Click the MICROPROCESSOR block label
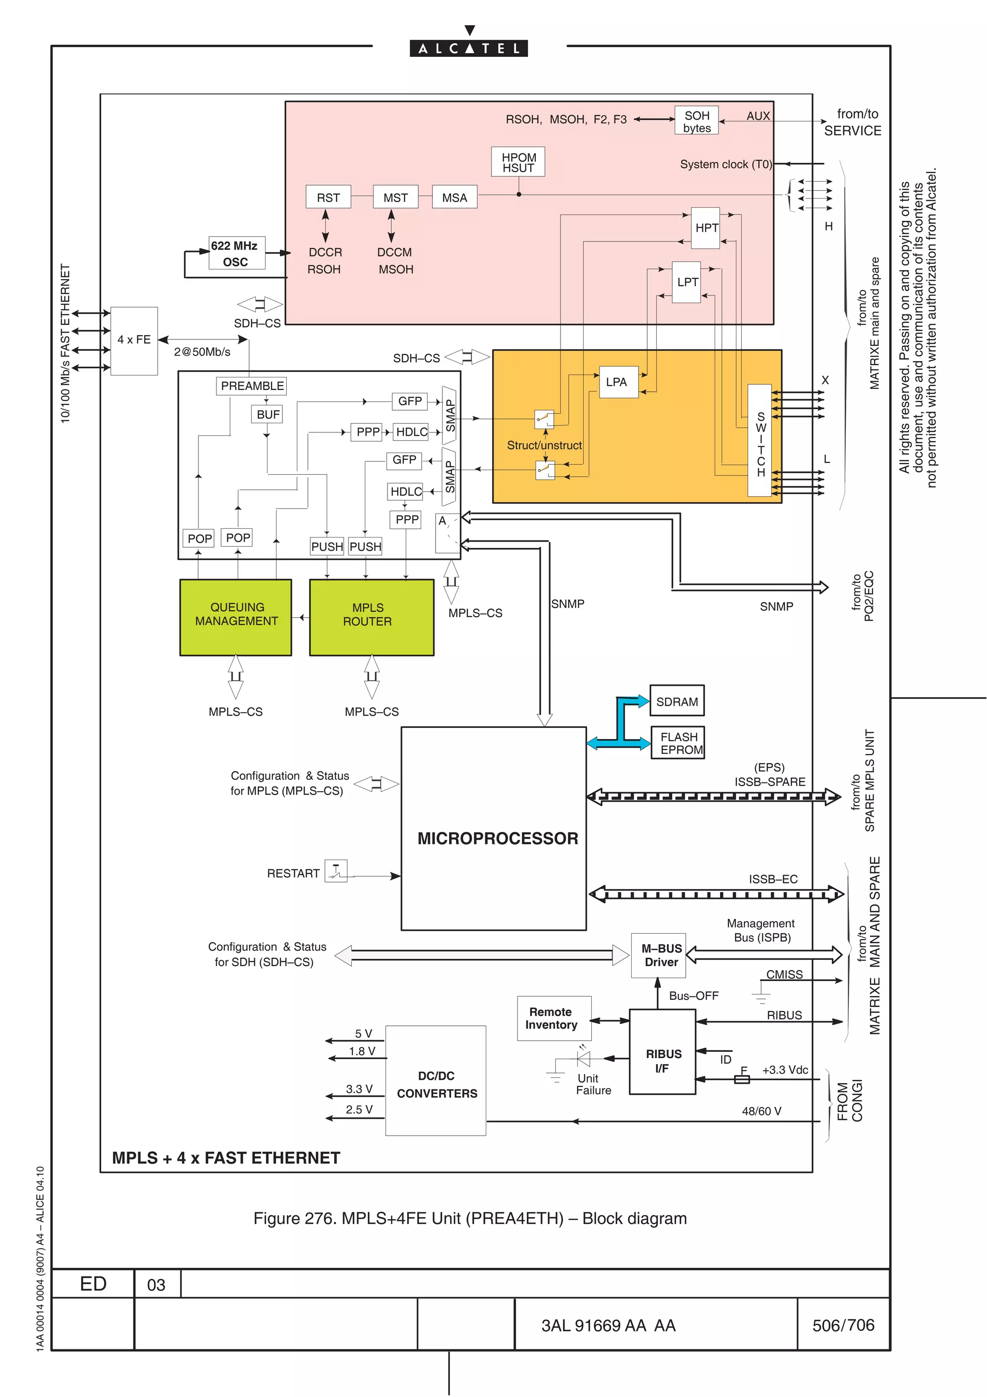tap(497, 838)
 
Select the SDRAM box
tap(676, 701)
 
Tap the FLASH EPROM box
tap(678, 743)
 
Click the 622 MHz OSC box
tap(237, 253)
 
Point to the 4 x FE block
tap(134, 340)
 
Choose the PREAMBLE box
tap(251, 386)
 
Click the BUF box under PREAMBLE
tap(267, 415)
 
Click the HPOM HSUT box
tap(518, 162)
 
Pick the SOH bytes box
tap(696, 121)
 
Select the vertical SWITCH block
tap(760, 440)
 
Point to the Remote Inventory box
tap(553, 1018)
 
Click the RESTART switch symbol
tap(336, 871)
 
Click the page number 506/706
tap(843, 1325)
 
